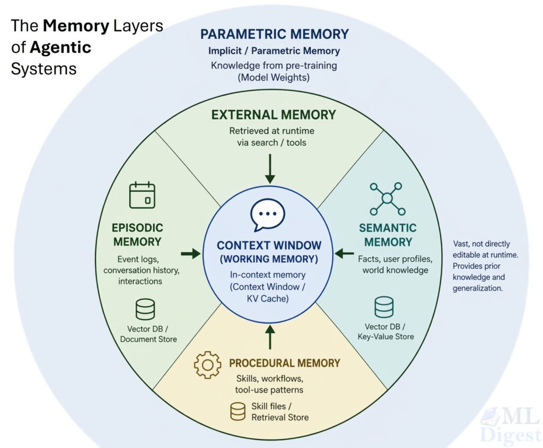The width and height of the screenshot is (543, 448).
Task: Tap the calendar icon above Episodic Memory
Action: pos(142,195)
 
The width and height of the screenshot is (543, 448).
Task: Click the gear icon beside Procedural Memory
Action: pos(207,364)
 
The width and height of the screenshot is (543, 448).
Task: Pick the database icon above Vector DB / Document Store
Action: pos(145,309)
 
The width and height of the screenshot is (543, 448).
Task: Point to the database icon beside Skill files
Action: pos(238,411)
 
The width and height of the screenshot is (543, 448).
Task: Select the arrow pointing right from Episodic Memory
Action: pos(190,254)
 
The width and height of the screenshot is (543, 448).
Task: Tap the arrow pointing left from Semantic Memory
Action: pos(345,254)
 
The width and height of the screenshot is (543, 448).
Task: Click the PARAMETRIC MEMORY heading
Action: pos(275,34)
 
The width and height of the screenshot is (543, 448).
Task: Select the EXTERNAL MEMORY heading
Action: pos(274,114)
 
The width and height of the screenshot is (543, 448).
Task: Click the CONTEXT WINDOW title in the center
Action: pos(269,246)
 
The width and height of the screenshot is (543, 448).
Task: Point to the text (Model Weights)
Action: pos(274,77)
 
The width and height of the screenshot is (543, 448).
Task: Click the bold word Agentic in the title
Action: pos(60,47)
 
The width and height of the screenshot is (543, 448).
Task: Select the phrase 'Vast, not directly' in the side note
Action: pos(481,244)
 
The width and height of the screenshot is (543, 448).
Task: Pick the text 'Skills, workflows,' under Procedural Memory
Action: pos(269,379)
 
